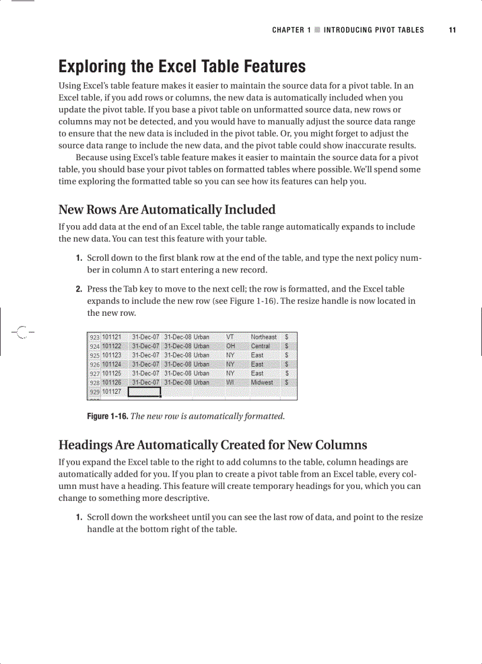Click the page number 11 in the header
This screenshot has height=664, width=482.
click(x=452, y=30)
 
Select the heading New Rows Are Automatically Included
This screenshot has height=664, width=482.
click(x=167, y=209)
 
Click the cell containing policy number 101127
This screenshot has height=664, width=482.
click(x=112, y=391)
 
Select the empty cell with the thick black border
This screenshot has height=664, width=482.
click(x=144, y=391)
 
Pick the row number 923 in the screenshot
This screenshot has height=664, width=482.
click(x=94, y=337)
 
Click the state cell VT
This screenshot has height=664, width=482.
click(x=230, y=337)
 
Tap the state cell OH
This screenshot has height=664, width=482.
click(x=230, y=346)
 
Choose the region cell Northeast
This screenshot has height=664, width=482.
click(x=263, y=337)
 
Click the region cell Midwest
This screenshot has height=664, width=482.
click(x=262, y=383)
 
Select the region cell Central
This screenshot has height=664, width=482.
click(x=260, y=346)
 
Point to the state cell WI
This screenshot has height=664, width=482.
click(x=230, y=383)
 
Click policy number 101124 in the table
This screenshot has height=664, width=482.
click(x=112, y=364)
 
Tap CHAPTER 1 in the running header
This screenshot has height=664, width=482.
click(x=291, y=30)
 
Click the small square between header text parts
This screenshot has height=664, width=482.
click(x=317, y=30)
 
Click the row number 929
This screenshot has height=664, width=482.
click(x=94, y=391)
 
